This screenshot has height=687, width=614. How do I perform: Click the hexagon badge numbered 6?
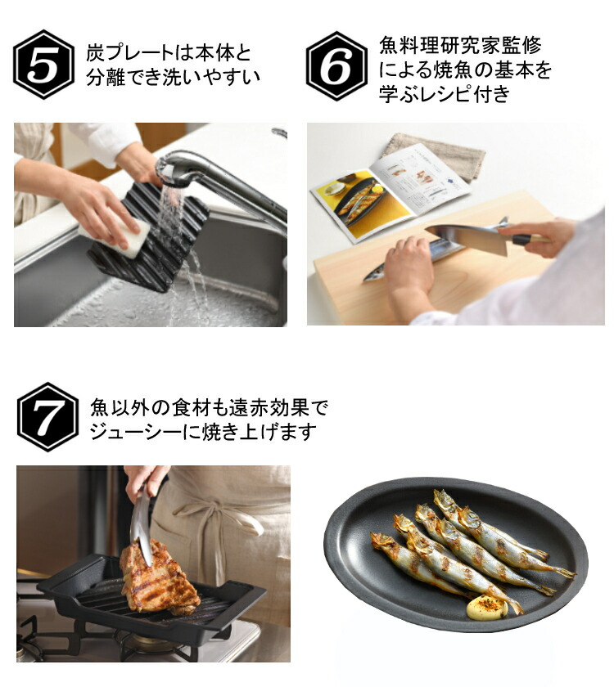[x=336, y=65]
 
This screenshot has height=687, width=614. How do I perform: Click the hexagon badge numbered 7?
[x=47, y=416]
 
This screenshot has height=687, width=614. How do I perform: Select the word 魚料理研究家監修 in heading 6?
[x=460, y=46]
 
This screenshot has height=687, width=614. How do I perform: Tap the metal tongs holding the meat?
[x=142, y=519]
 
